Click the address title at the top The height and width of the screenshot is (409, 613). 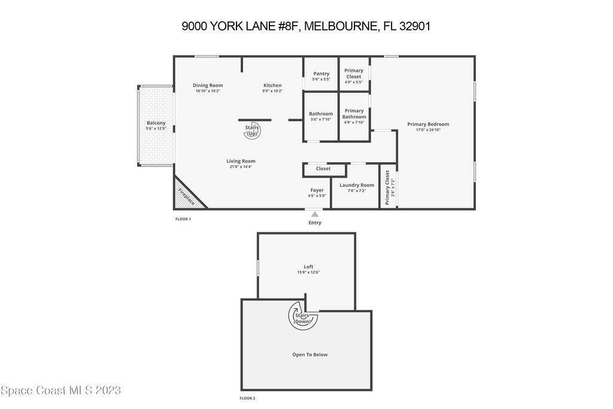[306, 26]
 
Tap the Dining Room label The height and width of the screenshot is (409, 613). [208, 85]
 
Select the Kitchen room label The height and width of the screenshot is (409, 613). [272, 85]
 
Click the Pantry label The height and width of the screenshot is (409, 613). [321, 74]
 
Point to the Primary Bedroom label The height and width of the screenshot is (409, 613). [428, 125]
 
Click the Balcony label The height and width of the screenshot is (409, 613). [156, 123]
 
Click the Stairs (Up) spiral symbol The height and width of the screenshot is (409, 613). [252, 130]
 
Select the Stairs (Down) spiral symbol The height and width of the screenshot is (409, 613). [302, 315]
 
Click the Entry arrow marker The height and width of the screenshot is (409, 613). [315, 214]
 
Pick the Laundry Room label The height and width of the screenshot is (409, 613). [357, 185]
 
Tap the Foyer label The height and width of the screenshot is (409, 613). [317, 190]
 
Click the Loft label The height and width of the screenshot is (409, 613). [308, 266]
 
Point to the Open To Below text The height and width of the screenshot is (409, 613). [310, 355]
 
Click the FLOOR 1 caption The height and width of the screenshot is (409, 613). [183, 219]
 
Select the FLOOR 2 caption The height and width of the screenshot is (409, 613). [247, 398]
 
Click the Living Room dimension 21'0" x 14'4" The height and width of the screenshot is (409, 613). [241, 167]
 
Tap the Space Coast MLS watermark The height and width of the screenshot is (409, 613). [60, 390]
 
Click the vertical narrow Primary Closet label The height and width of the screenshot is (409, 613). [387, 187]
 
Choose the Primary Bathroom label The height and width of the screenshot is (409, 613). [354, 114]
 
